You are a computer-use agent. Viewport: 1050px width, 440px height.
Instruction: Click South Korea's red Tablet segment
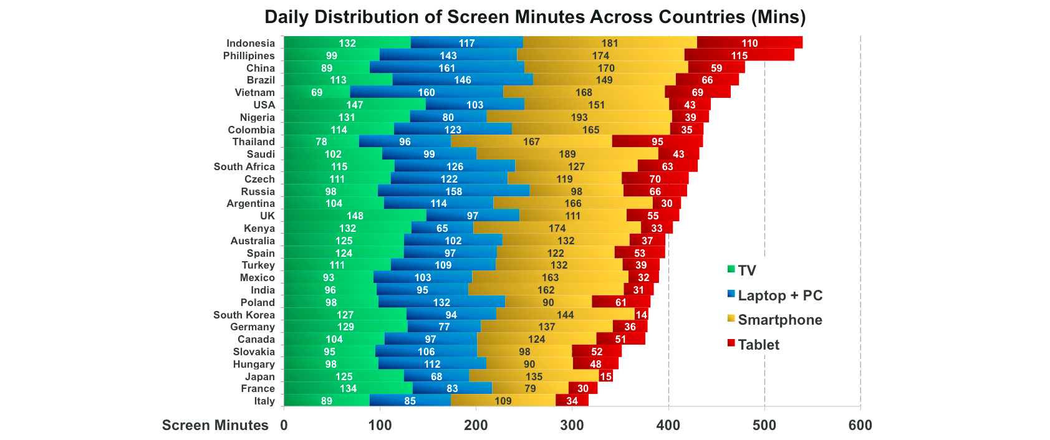click(x=641, y=315)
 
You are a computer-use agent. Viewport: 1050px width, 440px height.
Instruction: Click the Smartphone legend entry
click(x=779, y=320)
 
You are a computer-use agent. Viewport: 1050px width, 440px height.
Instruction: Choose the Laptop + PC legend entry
click(x=779, y=295)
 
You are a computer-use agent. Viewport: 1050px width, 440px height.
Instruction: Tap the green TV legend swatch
click(x=731, y=269)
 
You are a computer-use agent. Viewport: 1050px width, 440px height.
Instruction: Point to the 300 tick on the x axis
click(x=572, y=425)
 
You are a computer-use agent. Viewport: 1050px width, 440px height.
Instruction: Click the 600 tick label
click(x=860, y=425)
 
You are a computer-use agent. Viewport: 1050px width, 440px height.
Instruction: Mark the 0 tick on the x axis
click(x=284, y=425)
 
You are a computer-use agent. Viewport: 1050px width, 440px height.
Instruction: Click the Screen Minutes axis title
click(x=215, y=425)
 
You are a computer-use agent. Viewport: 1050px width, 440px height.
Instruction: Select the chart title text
click(x=535, y=17)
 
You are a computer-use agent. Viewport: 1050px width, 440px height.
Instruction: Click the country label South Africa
click(x=244, y=166)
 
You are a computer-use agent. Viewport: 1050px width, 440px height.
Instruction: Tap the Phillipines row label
click(x=249, y=55)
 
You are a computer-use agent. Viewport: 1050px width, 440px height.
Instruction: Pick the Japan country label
click(x=259, y=376)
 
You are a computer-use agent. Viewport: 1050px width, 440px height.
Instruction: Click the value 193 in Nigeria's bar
click(x=579, y=117)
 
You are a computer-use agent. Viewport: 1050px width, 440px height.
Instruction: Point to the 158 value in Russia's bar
click(x=453, y=191)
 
